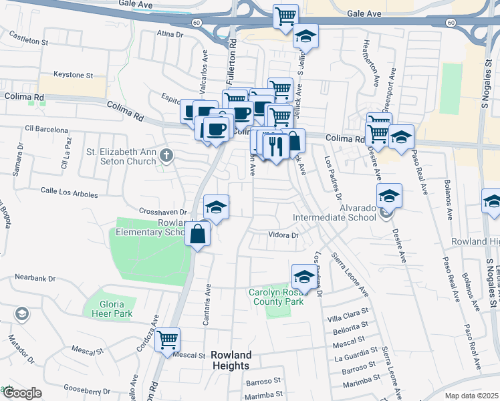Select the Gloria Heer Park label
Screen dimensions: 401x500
point(107,309)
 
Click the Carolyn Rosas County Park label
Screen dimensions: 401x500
point(277,297)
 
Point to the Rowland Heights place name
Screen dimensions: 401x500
point(231,360)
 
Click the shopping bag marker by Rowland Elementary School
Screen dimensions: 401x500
point(198,235)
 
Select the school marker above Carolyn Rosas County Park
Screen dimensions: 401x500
point(303,277)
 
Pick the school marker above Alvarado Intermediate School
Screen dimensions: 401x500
point(388,196)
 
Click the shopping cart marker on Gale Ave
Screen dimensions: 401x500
point(286,15)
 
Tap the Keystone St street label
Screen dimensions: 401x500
point(73,76)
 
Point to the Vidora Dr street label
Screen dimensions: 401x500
point(282,235)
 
